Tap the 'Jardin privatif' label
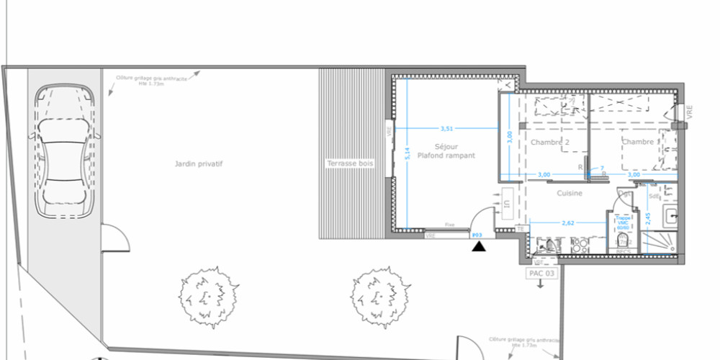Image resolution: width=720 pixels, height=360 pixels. [198, 164]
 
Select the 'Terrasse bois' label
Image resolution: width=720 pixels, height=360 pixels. [350, 164]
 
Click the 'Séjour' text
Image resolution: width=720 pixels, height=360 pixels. [446, 146]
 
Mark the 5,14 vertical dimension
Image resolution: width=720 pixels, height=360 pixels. [407, 153]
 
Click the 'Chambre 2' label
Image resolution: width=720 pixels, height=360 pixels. [550, 143]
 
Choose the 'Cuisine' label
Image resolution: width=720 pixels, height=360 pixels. [569, 193]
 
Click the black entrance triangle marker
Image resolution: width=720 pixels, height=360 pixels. [478, 248]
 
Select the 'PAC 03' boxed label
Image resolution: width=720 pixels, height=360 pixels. [541, 274]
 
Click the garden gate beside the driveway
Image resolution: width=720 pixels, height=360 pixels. [114, 237]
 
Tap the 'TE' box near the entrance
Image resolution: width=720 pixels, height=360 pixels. [520, 228]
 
